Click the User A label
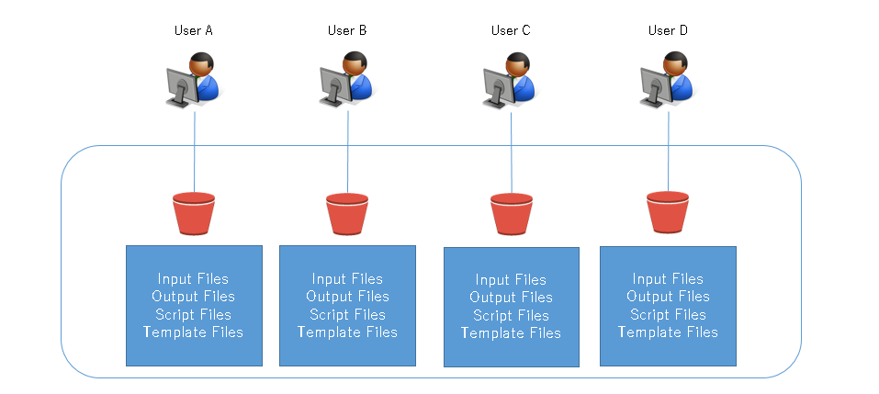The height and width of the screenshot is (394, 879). click(x=194, y=30)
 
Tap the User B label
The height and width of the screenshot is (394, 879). click(x=347, y=30)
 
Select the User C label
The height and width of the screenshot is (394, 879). click(x=511, y=30)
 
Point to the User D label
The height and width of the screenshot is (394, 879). click(x=668, y=30)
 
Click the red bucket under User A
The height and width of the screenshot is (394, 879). click(x=194, y=214)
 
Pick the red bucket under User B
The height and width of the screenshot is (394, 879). click(x=347, y=214)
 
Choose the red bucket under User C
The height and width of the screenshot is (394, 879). click(x=512, y=214)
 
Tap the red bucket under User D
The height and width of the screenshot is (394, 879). click(x=668, y=212)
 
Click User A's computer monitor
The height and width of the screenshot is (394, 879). click(x=181, y=87)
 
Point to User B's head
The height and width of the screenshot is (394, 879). click(x=355, y=62)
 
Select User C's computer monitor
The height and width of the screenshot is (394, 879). click(x=497, y=87)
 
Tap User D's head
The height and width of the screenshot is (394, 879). click(x=675, y=62)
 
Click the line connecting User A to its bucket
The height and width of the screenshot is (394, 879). click(x=195, y=152)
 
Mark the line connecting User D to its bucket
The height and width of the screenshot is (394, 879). click(x=669, y=152)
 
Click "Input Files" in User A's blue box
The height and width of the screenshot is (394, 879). click(x=194, y=278)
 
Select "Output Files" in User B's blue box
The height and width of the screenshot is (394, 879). click(x=347, y=296)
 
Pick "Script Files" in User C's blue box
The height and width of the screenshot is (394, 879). click(x=512, y=315)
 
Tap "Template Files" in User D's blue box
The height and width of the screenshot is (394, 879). click(x=669, y=332)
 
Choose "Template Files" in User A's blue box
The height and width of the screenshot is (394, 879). click(x=194, y=332)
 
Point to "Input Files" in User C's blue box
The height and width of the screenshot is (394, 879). click(x=512, y=280)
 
